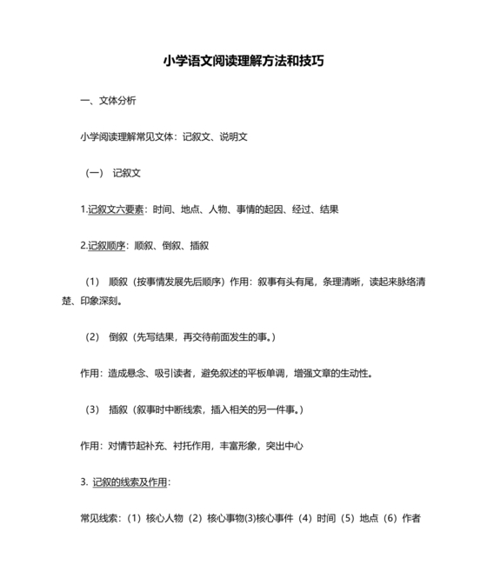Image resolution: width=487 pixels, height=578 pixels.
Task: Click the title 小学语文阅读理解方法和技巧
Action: click(243, 62)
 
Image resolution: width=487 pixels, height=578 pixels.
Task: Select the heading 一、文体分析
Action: click(108, 100)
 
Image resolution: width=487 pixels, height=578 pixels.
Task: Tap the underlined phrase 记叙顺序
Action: click(106, 246)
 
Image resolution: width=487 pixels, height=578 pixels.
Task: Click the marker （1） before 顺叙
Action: click(92, 282)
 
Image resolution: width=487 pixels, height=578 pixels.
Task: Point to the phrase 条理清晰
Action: click(343, 282)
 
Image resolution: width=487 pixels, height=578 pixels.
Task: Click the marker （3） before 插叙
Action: click(92, 409)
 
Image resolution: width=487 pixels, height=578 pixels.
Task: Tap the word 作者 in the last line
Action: click(411, 519)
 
